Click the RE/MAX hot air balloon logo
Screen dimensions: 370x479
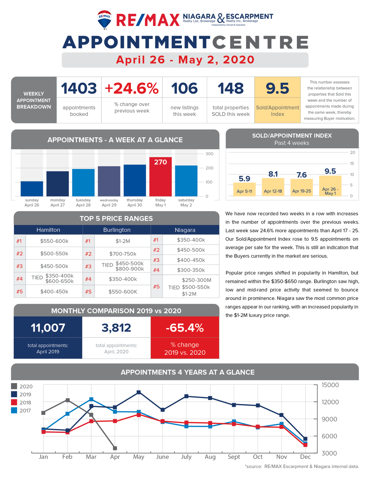(104, 20)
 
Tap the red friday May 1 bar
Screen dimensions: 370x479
(160, 176)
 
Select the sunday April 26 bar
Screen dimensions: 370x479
(32, 189)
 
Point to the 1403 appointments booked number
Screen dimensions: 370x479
(79, 88)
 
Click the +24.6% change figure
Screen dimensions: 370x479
(132, 88)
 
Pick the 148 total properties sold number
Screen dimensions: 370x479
(231, 88)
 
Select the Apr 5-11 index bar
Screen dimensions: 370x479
(244, 189)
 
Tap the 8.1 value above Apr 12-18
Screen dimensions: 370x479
(273, 174)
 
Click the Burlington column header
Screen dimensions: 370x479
(117, 230)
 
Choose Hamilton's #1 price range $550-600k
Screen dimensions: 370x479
(54, 241)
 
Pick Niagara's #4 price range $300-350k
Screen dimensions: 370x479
(191, 270)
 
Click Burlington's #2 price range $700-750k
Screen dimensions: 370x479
(123, 254)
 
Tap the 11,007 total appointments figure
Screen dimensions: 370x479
(48, 328)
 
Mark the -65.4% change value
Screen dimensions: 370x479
(185, 328)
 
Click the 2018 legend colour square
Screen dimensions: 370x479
(14, 402)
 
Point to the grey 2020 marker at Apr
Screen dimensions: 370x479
(115, 448)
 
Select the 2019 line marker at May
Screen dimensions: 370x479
(139, 392)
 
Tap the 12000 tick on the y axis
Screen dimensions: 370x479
(330, 402)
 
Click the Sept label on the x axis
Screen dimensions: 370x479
(234, 457)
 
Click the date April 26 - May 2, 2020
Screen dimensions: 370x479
(185, 60)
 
